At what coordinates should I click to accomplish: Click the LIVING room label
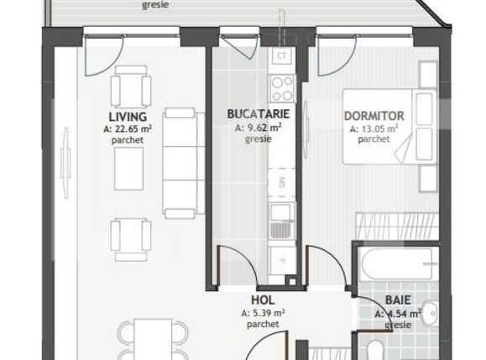128,117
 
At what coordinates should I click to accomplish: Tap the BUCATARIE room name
259,114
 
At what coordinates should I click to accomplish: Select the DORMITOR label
374,116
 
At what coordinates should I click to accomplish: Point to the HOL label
264,299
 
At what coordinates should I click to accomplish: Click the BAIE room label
398,300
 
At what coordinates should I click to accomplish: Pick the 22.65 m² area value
128,128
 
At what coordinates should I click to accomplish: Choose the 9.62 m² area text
259,128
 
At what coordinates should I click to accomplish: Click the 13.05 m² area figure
374,128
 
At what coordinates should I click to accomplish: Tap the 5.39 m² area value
264,312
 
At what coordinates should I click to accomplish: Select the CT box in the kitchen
282,56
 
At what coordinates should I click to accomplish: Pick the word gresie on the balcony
154,5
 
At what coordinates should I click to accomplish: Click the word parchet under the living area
128,140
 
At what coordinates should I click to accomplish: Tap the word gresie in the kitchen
259,139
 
